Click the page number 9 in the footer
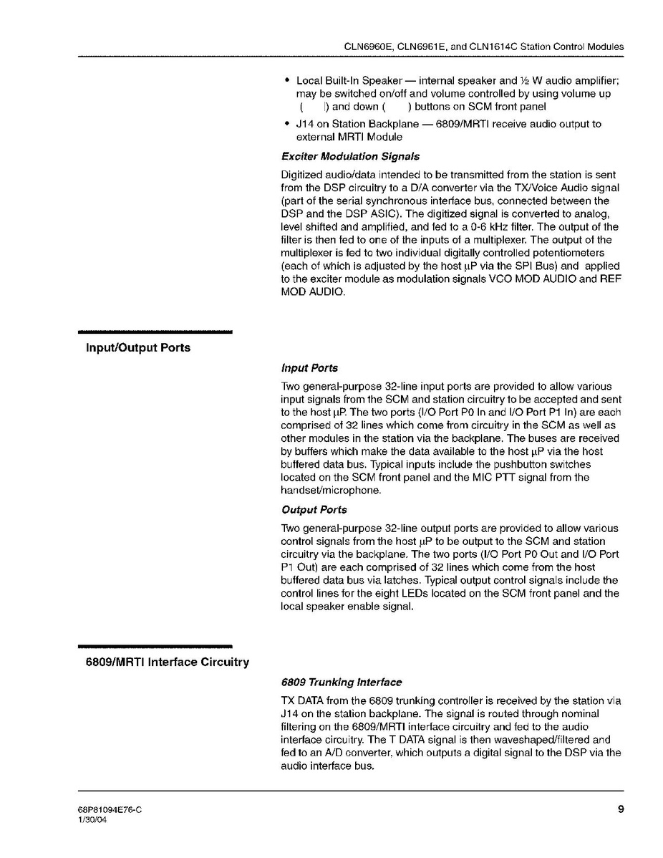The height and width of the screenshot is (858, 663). (x=620, y=809)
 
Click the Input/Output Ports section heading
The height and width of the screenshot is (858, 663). (x=138, y=348)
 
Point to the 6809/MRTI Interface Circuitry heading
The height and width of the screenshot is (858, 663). (x=168, y=662)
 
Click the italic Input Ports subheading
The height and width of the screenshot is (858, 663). (x=309, y=368)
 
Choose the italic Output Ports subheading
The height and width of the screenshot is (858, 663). (x=314, y=510)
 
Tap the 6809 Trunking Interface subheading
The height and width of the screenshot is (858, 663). (x=342, y=682)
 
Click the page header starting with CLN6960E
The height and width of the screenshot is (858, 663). (x=484, y=47)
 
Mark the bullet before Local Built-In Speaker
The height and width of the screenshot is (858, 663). (x=287, y=80)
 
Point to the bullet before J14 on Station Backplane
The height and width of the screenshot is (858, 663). (x=287, y=124)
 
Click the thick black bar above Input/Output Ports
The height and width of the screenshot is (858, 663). (x=155, y=332)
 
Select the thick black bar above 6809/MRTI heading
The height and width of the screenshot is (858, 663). (x=155, y=646)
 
